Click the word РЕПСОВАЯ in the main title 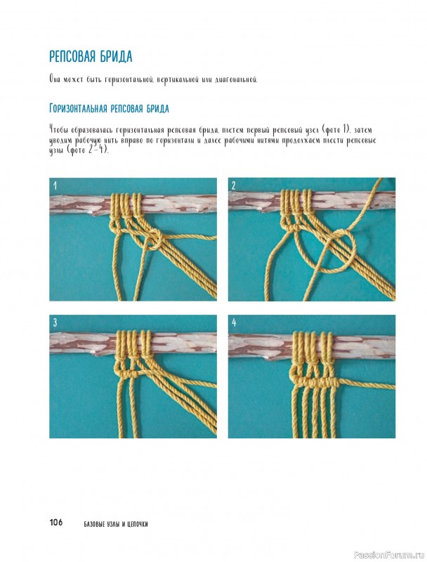73,57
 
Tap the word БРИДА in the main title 116,57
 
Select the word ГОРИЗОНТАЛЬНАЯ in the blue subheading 78,108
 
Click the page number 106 56,522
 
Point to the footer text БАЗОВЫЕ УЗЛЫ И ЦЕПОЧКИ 116,524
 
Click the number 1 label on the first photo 55,185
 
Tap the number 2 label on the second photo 234,185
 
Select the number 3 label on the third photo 55,322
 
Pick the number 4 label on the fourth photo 234,322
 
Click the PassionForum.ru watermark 389,555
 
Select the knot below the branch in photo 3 127,374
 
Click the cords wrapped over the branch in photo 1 126,204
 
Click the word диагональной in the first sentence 236,79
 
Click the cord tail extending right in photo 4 367,384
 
